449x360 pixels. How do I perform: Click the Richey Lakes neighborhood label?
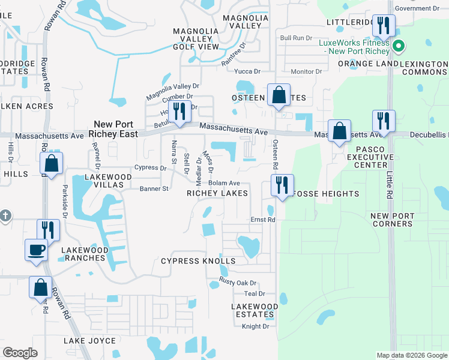[217, 193]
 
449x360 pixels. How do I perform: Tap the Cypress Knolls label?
[198, 261]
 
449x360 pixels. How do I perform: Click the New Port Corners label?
[391, 220]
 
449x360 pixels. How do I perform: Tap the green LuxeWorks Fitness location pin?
[397, 46]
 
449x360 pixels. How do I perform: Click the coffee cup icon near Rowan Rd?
[36, 250]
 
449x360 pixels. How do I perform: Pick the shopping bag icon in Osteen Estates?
[279, 95]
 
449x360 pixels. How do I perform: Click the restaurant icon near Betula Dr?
[178, 111]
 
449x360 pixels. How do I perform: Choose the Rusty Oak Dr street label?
[238, 283]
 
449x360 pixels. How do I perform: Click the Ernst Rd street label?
[262, 220]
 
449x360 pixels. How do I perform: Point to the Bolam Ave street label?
[224, 183]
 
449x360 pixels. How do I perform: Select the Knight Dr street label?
[255, 326]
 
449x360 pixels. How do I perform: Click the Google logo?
[20, 353]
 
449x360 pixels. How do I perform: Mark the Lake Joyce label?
[90, 341]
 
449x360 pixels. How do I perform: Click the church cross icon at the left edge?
[4, 216]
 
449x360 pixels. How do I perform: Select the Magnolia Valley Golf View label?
[196, 39]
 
